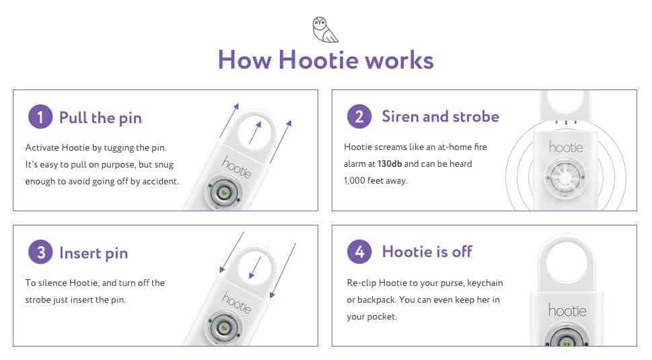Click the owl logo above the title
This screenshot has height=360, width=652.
click(x=326, y=30)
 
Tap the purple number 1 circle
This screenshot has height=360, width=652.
click(x=40, y=117)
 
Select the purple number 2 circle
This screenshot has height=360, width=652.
click(x=359, y=117)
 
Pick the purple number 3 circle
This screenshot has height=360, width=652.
click(x=40, y=253)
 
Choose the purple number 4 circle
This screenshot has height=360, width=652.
click(x=359, y=252)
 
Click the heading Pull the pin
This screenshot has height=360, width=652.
click(x=100, y=118)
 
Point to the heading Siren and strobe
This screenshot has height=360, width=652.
click(x=440, y=116)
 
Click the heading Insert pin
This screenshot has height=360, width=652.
click(x=93, y=253)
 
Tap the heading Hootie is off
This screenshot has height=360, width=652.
click(x=427, y=252)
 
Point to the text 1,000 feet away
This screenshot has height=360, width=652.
click(x=375, y=180)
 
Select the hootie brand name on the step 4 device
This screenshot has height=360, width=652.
click(x=567, y=310)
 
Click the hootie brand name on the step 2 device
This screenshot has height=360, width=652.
click(x=566, y=146)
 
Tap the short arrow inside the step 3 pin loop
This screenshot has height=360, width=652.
click(x=254, y=267)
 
